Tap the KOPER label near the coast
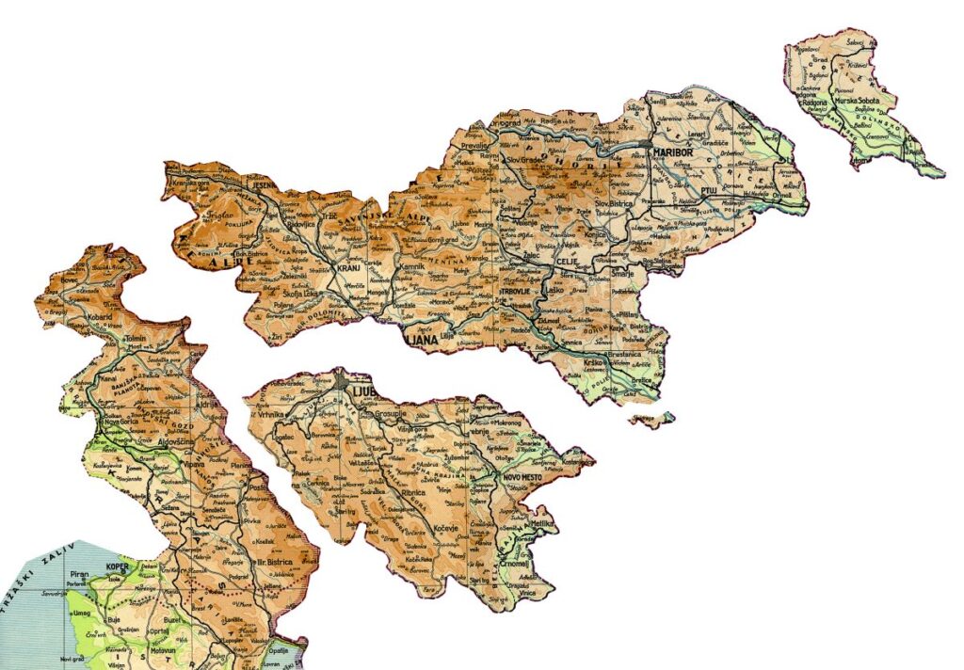click(x=118, y=568)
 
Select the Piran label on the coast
click(x=80, y=572)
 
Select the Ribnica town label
click(x=413, y=492)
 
